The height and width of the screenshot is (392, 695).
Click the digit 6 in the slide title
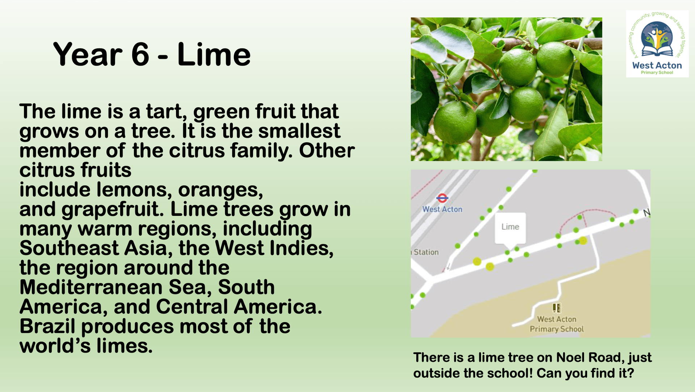coord(140,54)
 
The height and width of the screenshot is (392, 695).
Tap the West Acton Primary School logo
coord(657,44)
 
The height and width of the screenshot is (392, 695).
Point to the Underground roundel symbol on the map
coord(442,198)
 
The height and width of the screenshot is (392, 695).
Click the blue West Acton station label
coord(442,209)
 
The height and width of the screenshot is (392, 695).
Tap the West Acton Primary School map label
coord(557,324)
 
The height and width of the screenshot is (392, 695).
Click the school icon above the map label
coord(557,308)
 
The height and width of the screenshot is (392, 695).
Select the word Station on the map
coord(426,252)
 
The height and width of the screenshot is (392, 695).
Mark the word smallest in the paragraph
coord(299,131)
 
